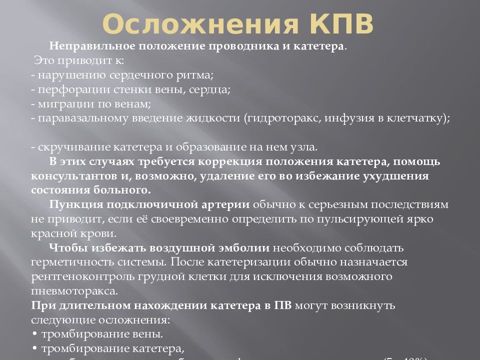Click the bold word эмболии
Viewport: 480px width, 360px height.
pos(244,248)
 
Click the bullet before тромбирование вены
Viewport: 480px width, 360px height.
pos(34,334)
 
